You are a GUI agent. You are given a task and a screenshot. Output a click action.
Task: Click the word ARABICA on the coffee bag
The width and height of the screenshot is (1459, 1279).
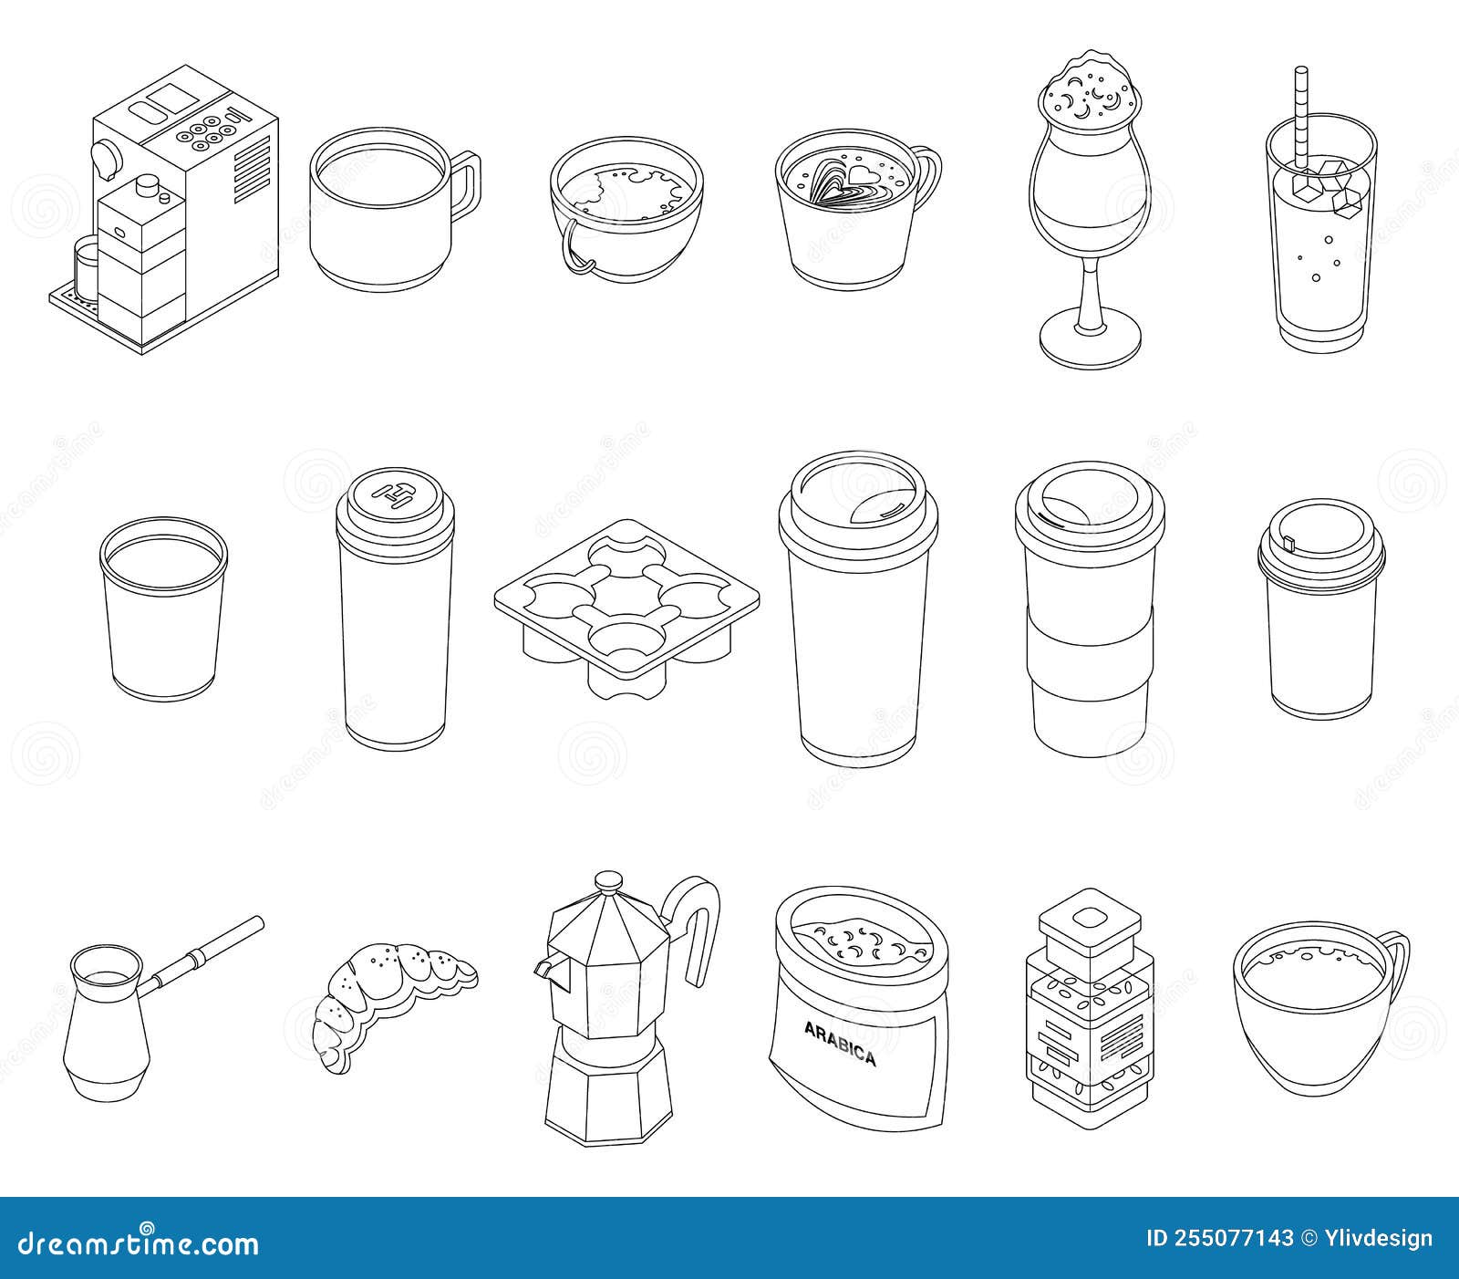(x=839, y=1044)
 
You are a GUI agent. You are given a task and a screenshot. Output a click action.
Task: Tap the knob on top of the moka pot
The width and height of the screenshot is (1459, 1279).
(x=608, y=883)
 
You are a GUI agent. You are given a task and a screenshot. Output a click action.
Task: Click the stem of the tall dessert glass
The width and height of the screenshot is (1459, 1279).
(x=1090, y=292)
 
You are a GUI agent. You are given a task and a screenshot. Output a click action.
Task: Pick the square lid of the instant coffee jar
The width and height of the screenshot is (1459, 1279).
(x=1086, y=923)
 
